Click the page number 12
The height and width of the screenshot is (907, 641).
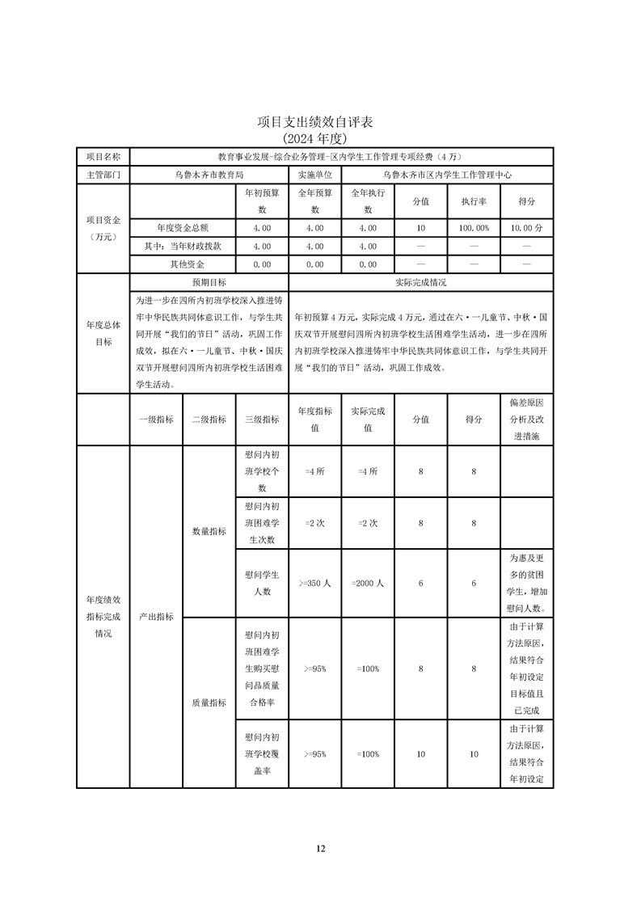pos(321,848)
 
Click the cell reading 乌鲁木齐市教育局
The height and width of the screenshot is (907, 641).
pos(209,174)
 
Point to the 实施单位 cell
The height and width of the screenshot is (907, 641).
pos(314,174)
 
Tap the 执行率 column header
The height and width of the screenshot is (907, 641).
pos(474,201)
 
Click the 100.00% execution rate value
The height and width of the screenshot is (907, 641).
pos(474,229)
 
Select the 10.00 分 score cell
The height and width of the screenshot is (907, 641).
pos(526,229)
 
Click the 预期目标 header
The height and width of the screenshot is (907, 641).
pos(209,283)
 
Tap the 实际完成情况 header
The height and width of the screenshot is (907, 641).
pos(420,283)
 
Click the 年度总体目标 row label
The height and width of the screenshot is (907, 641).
pos(103,333)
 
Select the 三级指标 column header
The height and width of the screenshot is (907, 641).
pos(261,420)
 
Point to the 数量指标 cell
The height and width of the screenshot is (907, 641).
pos(209,532)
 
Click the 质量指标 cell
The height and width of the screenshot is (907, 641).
pos(209,703)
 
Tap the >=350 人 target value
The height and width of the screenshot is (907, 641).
pos(314,583)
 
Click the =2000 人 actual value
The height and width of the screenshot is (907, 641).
pos(368,583)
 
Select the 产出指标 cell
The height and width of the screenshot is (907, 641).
pos(156,616)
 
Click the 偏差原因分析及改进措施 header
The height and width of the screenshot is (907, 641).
pos(526,419)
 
